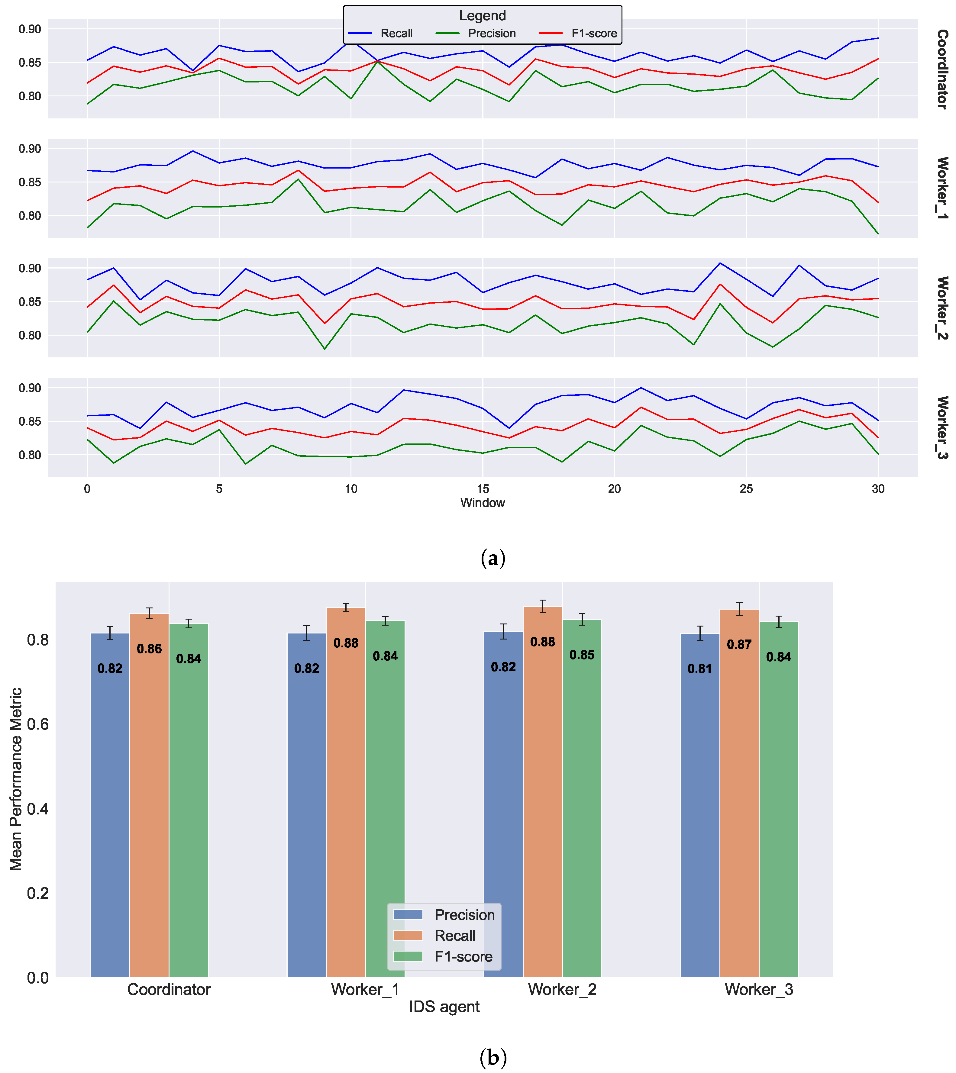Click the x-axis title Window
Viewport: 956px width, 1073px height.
(482, 503)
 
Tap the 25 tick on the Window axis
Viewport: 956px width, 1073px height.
(746, 489)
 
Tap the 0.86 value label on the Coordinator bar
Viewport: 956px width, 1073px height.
(149, 649)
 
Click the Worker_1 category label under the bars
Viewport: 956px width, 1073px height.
(365, 990)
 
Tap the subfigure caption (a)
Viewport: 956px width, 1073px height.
(493, 558)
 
